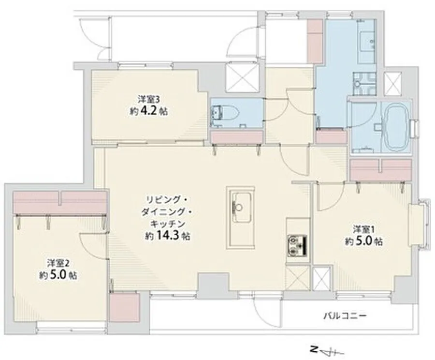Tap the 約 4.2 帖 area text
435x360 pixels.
(148, 111)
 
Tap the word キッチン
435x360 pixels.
(168, 224)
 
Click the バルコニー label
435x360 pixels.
(346, 316)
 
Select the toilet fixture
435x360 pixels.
(226, 113)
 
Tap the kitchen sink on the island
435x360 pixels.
(241, 207)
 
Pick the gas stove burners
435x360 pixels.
(297, 246)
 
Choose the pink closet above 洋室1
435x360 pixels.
(381, 170)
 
